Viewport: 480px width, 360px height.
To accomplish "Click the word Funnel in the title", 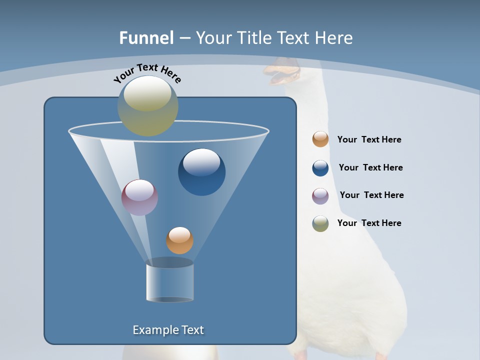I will [x=146, y=38].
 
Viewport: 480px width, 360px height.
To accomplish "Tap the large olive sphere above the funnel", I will [x=148, y=105].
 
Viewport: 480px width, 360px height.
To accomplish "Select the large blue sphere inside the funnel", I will [x=201, y=172].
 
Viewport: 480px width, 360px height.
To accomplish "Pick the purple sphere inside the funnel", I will [x=139, y=197].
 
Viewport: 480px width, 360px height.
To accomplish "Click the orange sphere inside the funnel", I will [x=179, y=240].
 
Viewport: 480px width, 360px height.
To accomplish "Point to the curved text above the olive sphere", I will [x=147, y=73].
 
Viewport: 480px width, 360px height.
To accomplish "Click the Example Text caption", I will [x=168, y=330].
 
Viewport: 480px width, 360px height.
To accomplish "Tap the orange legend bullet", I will [x=320, y=139].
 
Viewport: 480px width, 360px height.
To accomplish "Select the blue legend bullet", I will [x=320, y=168].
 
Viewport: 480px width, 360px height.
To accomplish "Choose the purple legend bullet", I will [x=320, y=196].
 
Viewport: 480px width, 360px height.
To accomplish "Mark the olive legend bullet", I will [x=320, y=223].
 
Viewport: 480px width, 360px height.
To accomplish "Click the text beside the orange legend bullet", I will [x=369, y=140].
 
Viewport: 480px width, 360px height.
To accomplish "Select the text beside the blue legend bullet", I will [x=370, y=168].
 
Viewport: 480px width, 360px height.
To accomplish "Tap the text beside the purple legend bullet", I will [x=371, y=195].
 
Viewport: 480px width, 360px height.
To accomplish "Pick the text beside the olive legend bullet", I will [x=369, y=223].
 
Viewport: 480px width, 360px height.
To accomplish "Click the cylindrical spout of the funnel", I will [x=169, y=282].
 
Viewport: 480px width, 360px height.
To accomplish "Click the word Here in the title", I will [x=334, y=38].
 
